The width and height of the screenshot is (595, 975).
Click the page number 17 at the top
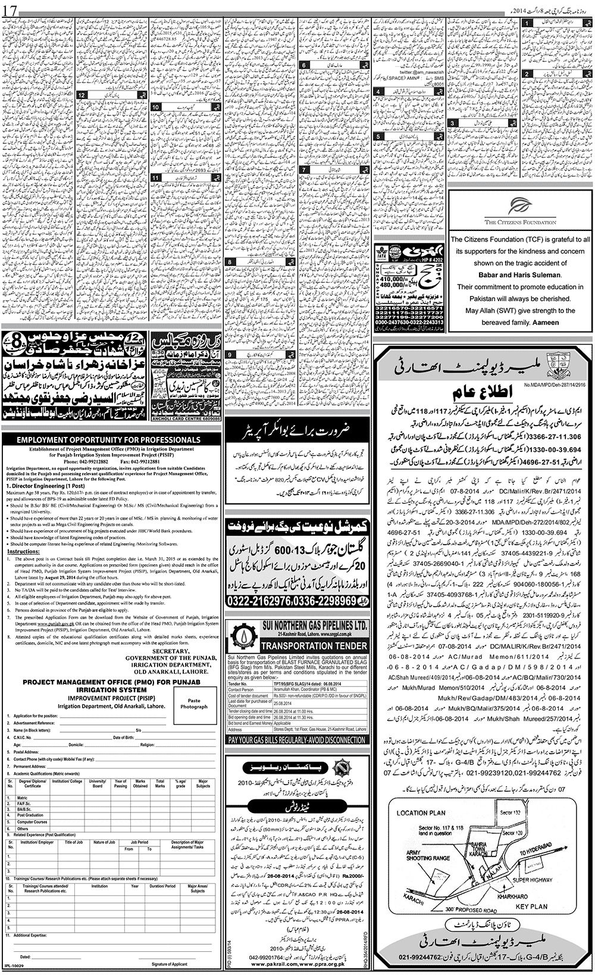[x=11, y=10]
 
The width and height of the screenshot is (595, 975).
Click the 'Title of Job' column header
[x=74, y=842]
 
